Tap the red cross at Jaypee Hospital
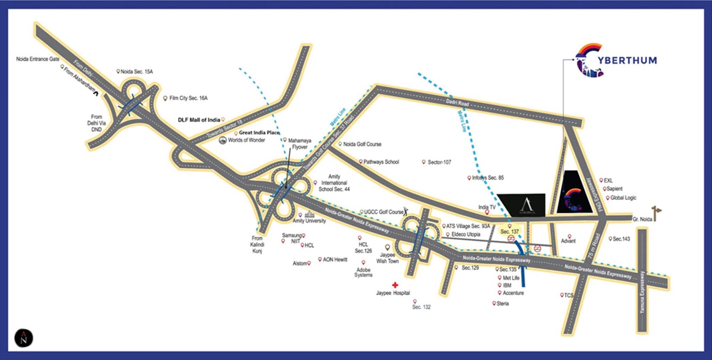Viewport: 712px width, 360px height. click(x=395, y=285)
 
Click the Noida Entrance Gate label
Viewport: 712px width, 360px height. click(x=37, y=59)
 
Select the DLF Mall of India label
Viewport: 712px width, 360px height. click(x=199, y=120)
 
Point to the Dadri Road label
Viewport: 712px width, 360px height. click(x=457, y=103)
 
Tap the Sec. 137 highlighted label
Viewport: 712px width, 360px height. click(x=510, y=231)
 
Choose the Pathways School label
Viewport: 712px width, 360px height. click(x=381, y=162)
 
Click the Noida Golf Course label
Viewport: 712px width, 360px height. click(x=362, y=144)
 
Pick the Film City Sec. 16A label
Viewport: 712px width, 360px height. click(x=188, y=98)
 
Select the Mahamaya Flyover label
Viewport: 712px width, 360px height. click(x=299, y=144)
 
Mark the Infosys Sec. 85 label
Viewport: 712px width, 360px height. click(x=488, y=178)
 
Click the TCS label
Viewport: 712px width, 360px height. click(x=568, y=295)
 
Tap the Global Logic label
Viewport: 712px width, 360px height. click(x=623, y=198)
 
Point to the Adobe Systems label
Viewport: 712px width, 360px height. click(x=363, y=272)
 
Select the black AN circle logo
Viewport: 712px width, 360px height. click(x=24, y=338)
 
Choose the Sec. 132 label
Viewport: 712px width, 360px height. click(x=421, y=307)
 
